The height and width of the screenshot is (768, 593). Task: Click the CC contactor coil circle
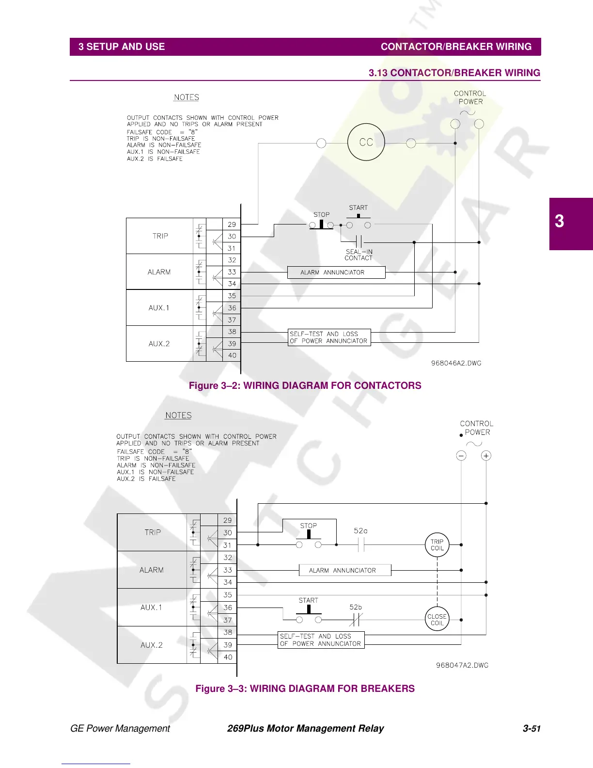point(366,143)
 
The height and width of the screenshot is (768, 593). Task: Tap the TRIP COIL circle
point(437,545)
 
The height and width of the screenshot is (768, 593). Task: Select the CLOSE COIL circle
point(437,620)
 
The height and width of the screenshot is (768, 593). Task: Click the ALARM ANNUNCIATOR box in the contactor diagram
point(336,272)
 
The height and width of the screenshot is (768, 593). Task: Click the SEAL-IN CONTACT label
point(359,255)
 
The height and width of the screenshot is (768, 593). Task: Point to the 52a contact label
point(360,531)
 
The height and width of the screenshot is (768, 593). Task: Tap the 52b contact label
point(356,607)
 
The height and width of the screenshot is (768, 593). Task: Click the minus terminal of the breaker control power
point(461,456)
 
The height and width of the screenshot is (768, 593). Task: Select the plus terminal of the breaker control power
point(486,456)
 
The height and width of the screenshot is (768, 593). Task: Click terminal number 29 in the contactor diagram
point(232,224)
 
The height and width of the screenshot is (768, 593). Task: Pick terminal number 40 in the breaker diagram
point(228,657)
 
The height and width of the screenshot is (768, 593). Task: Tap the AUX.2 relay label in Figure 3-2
point(159,344)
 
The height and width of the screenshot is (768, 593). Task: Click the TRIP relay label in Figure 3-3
point(153,532)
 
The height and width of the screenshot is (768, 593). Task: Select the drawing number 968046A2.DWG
point(456,363)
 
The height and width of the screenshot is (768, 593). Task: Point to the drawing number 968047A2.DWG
point(462,665)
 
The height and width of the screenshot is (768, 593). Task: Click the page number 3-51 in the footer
point(531,729)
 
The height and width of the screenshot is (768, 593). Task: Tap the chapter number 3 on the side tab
point(560,222)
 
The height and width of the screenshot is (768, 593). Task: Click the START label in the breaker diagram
point(308,600)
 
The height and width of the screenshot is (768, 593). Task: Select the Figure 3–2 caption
point(305,385)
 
